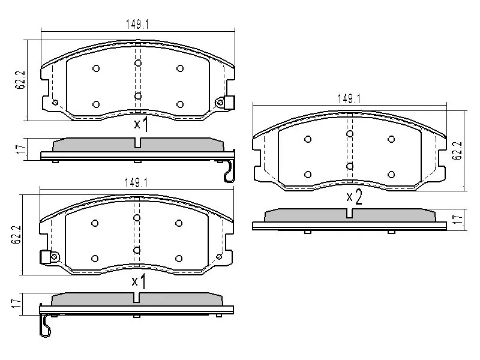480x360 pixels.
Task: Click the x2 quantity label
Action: coord(354,197)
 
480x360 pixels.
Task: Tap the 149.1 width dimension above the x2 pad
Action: coord(349,99)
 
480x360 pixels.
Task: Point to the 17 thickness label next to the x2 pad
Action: coord(458,219)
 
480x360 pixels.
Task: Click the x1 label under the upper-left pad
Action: coord(141,124)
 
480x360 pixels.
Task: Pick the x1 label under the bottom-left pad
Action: coord(139,281)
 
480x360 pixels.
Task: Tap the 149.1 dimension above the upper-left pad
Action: coord(137,25)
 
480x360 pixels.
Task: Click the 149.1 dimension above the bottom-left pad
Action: coord(136,183)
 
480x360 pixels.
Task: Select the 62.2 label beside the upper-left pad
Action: coord(20,80)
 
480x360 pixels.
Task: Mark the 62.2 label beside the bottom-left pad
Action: coord(16,235)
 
